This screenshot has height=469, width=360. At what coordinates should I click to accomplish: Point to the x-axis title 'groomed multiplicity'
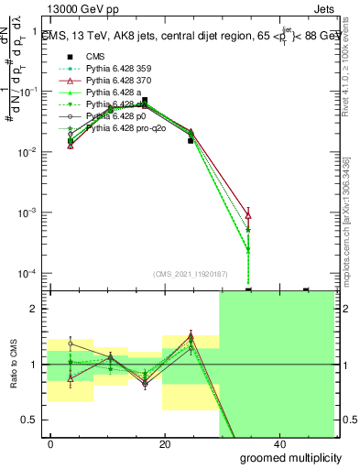[291, 456]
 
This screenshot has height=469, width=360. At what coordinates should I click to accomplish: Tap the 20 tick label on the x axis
[165, 443]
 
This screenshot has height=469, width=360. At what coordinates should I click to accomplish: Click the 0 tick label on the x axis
[51, 443]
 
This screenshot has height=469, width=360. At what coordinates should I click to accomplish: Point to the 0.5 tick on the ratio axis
[33, 420]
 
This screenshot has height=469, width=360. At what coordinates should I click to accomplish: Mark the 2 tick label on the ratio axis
[38, 309]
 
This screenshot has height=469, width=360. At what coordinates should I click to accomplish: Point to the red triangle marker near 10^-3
[249, 214]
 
